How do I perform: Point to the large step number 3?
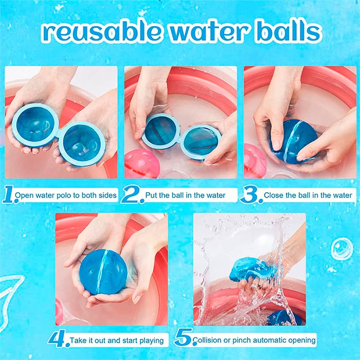tap(251, 195)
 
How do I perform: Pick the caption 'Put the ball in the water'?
tap(185, 195)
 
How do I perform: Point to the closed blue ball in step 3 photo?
tap(295, 141)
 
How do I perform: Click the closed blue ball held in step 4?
tap(103, 272)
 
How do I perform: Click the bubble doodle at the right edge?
tap(341, 249)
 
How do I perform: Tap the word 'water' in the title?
tap(208, 32)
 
